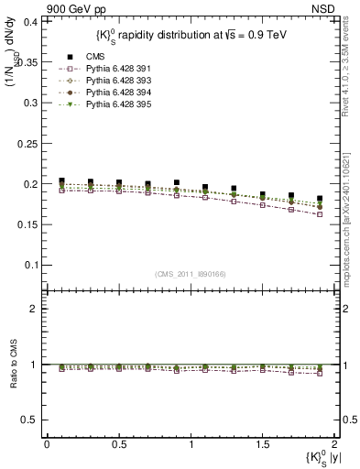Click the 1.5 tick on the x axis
click(262, 444)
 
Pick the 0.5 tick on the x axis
click(118, 444)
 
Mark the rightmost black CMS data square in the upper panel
click(320, 199)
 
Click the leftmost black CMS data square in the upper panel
click(61, 181)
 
